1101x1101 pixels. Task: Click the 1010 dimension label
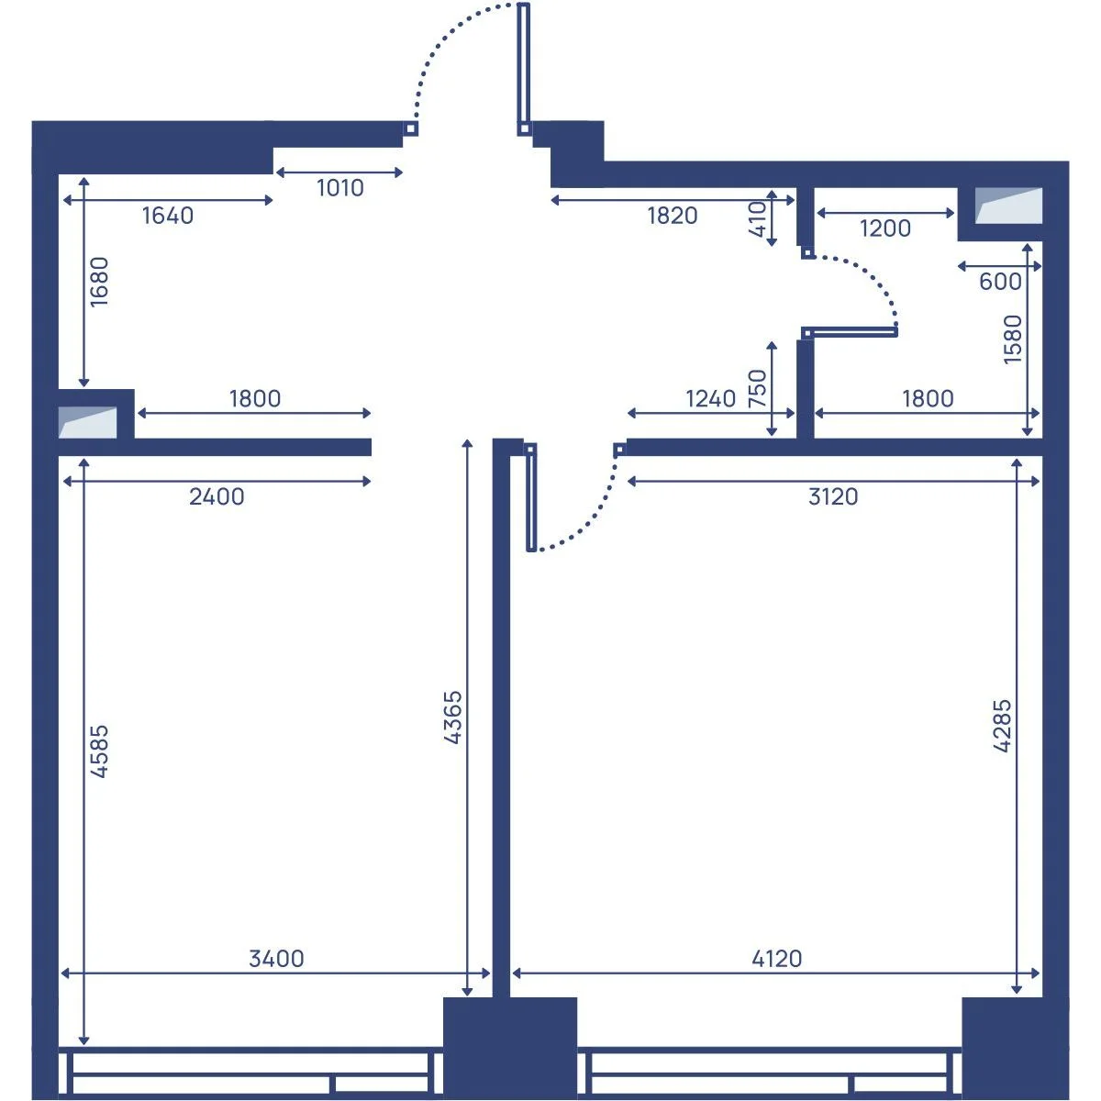[x=340, y=188]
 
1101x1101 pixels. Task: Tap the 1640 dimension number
[x=167, y=216]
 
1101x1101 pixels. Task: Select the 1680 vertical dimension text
[x=99, y=282]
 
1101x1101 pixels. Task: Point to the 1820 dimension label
[x=672, y=216]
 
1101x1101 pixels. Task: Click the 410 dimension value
[x=757, y=219]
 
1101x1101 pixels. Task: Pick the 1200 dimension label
[x=885, y=228]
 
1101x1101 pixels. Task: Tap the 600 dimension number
[x=1000, y=282]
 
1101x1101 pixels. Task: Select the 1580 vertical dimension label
[x=1012, y=339]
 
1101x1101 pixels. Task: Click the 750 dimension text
[x=757, y=388]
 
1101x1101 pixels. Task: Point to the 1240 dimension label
[x=710, y=398]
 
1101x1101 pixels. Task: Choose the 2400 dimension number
[x=217, y=496]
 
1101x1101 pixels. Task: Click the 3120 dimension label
[x=833, y=496]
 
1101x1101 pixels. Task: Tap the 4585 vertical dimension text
[x=99, y=751]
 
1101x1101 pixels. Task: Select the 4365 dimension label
[x=452, y=717]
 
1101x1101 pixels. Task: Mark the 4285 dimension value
[x=1002, y=726]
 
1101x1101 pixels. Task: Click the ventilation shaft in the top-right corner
[x=1008, y=206]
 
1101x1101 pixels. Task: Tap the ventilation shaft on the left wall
[x=87, y=423]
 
